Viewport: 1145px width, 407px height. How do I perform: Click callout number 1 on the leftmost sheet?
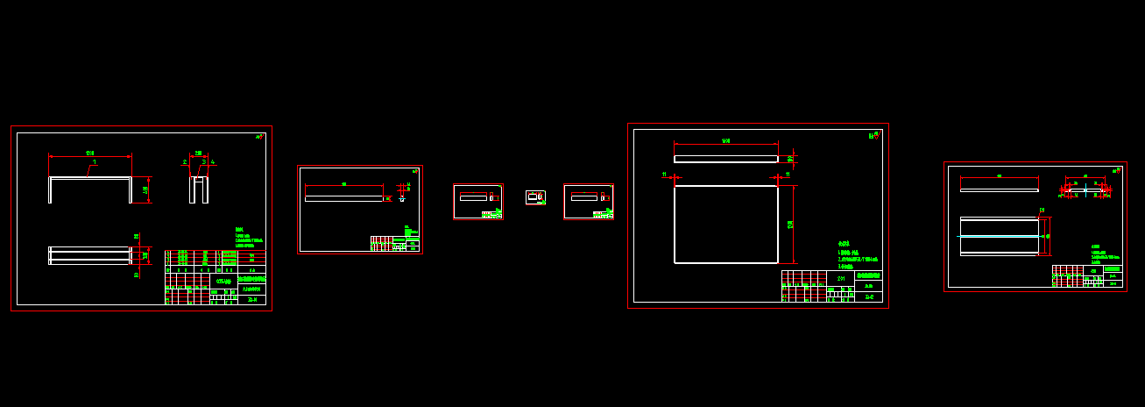[x=95, y=161]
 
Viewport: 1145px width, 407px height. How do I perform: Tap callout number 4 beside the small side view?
[x=213, y=162]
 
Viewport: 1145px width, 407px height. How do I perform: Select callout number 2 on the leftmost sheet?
[x=185, y=162]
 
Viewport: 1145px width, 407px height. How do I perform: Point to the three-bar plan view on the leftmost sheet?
[x=89, y=255]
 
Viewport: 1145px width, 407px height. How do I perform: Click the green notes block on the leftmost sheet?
[x=249, y=238]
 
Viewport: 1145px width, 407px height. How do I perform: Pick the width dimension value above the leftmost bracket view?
[x=90, y=154]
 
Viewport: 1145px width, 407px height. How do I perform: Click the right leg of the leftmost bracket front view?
[x=131, y=189]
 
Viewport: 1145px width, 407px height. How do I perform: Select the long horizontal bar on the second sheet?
[x=343, y=198]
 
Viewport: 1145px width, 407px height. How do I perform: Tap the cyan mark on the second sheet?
[x=402, y=199]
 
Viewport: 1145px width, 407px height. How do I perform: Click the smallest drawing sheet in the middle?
[x=535, y=197]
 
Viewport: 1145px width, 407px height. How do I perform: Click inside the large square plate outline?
[x=725, y=225]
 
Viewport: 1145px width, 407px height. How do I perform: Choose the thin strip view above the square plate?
[x=725, y=159]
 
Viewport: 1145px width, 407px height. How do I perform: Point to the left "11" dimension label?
[x=664, y=175]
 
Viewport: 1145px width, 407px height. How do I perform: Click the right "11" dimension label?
[x=788, y=175]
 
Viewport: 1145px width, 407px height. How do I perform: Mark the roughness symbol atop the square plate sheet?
[x=874, y=134]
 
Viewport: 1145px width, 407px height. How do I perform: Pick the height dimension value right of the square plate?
[x=790, y=225]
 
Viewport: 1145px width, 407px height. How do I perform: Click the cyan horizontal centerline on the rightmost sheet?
[x=1000, y=236]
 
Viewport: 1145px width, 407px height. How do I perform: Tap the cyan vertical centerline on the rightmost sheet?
[x=1086, y=188]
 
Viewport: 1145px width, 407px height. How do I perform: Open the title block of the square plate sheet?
[x=831, y=286]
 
